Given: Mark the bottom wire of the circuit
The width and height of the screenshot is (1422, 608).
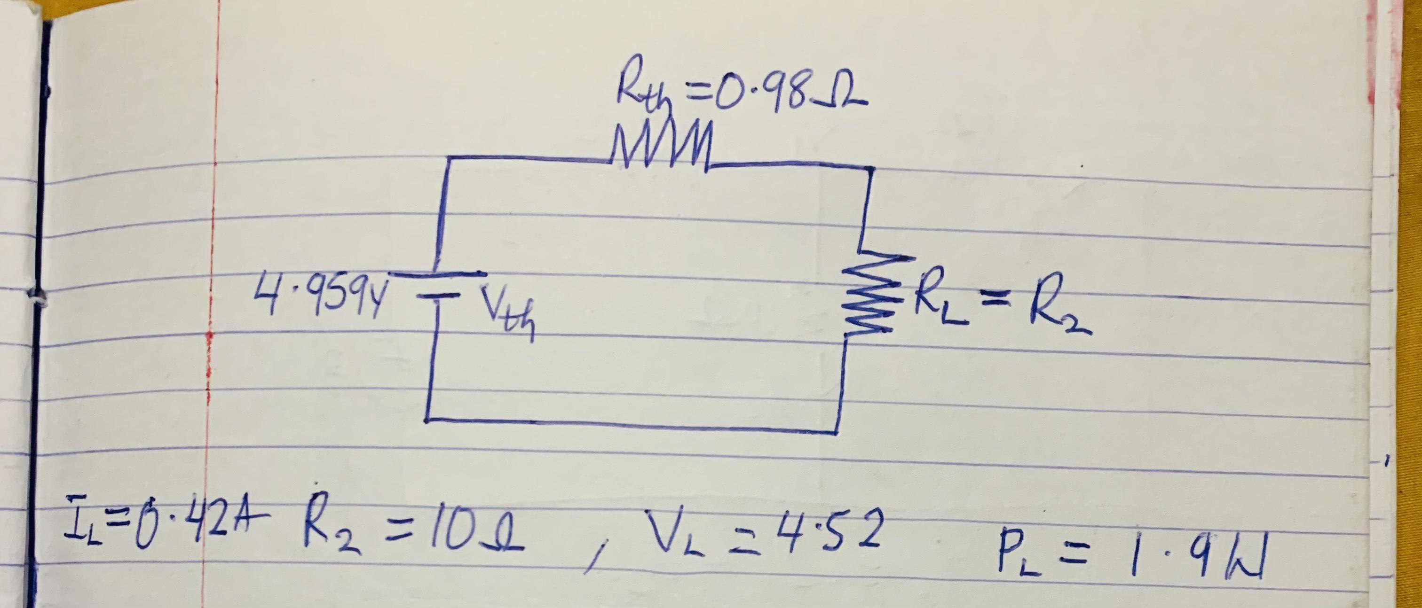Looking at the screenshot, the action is pyautogui.click(x=632, y=426).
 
